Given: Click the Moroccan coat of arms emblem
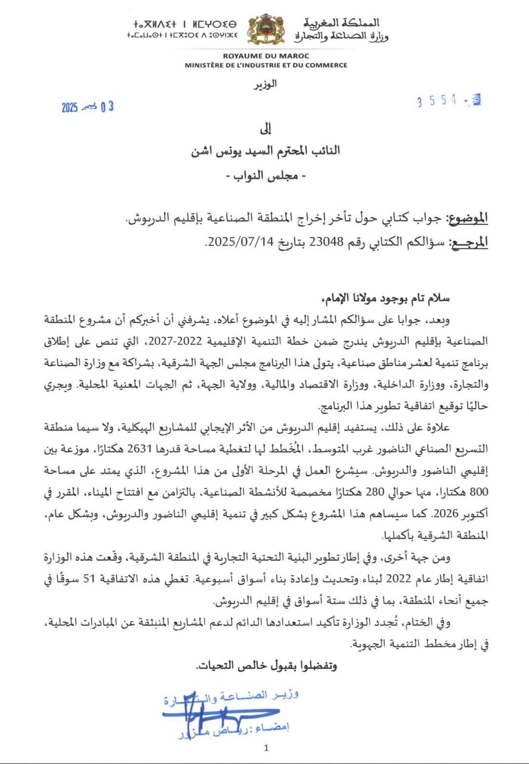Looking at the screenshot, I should (x=264, y=31).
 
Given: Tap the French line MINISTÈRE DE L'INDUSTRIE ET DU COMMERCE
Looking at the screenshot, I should (x=265, y=65).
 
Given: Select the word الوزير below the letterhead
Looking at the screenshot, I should (x=266, y=83).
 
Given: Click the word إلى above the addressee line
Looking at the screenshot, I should (x=266, y=130).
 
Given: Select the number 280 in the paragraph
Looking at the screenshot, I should (x=377, y=493).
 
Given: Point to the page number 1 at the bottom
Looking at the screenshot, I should (x=265, y=748).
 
